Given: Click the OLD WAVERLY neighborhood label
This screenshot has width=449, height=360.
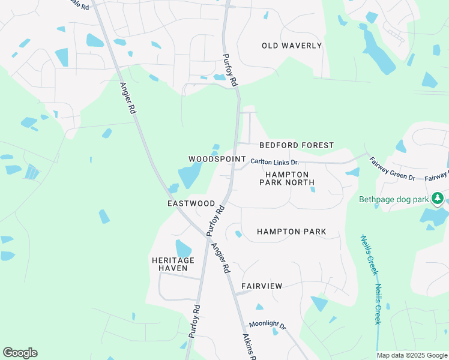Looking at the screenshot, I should pyautogui.click(x=292, y=46).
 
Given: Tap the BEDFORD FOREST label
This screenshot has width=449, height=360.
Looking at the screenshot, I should pyautogui.click(x=296, y=145).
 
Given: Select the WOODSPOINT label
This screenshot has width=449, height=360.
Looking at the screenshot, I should pyautogui.click(x=217, y=159).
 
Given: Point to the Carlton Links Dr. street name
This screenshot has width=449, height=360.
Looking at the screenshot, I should pyautogui.click(x=274, y=162).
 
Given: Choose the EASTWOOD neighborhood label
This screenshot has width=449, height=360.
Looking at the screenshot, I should pyautogui.click(x=191, y=204).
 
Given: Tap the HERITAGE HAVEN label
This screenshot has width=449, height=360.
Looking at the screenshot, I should pyautogui.click(x=173, y=264).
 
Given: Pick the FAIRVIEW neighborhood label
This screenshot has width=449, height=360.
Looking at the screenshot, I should pyautogui.click(x=262, y=286).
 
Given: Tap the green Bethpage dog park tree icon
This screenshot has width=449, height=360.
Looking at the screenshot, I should pyautogui.click(x=438, y=198).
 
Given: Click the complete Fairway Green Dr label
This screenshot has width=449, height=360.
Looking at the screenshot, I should pyautogui.click(x=392, y=169).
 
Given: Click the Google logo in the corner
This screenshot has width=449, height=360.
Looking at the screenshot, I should pyautogui.click(x=20, y=353).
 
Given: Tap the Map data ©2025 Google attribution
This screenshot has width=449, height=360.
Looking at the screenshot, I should pyautogui.click(x=412, y=355).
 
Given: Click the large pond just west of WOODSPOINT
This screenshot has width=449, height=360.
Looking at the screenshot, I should pyautogui.click(x=190, y=176).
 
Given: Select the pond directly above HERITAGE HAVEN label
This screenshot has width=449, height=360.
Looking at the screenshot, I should pyautogui.click(x=183, y=248).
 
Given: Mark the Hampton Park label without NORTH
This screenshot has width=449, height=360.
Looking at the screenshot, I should pyautogui.click(x=291, y=231).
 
